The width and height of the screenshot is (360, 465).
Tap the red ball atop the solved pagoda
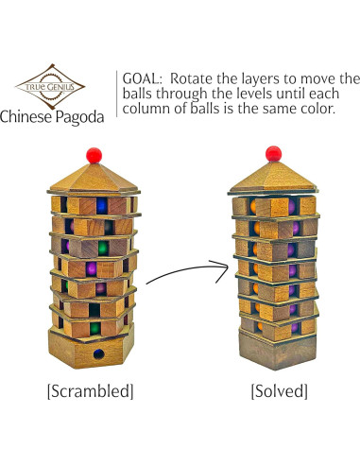[x=273, y=153]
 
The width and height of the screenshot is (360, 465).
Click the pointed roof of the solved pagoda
[x=273, y=176]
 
